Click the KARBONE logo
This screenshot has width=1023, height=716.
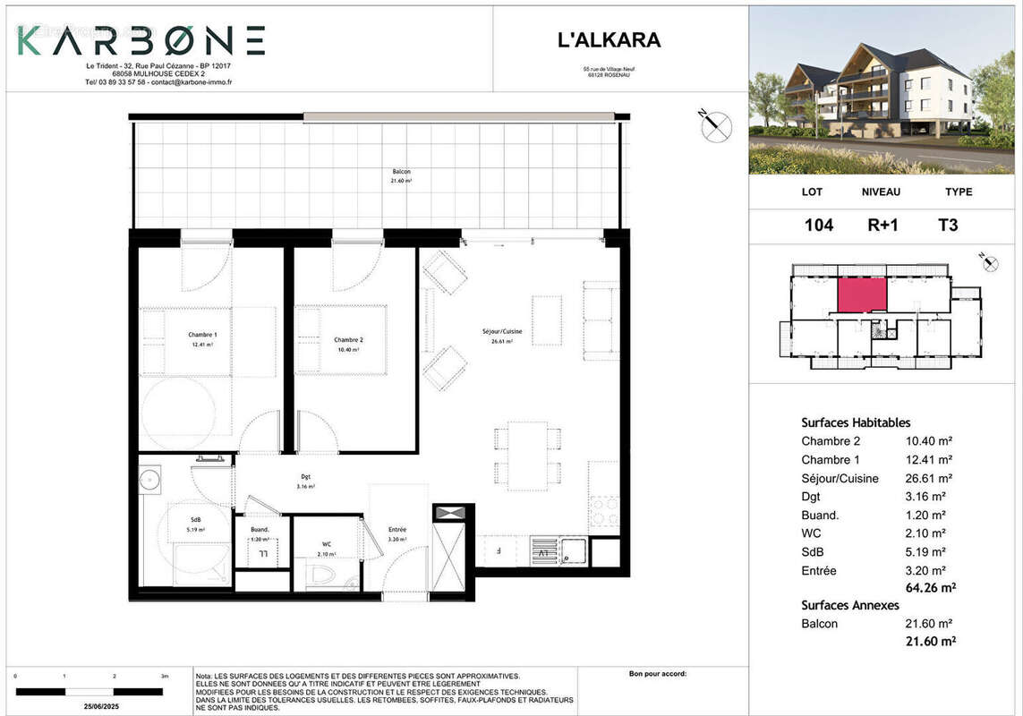(x=141, y=40)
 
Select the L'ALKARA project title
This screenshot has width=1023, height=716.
(x=609, y=40)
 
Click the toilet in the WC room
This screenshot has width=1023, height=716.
(x=322, y=574)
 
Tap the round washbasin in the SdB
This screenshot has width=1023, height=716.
(x=149, y=479)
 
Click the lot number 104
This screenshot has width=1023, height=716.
(x=818, y=225)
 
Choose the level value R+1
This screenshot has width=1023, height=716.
(x=882, y=225)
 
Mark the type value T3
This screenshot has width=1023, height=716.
(x=947, y=225)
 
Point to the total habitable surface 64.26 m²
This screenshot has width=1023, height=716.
(x=931, y=588)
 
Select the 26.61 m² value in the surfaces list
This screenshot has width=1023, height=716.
(x=929, y=479)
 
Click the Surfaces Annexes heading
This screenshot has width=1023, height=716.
(x=850, y=605)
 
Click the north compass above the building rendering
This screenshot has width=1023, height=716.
(x=715, y=127)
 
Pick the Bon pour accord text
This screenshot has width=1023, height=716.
(x=658, y=674)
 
